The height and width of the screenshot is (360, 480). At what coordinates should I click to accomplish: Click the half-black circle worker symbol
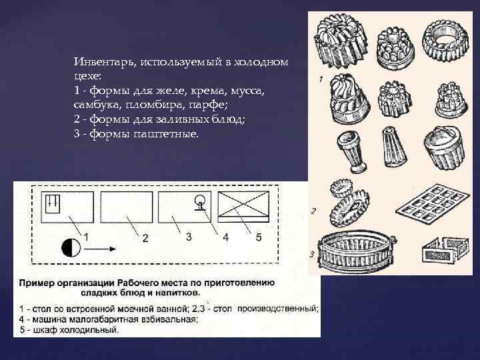coord(71,247)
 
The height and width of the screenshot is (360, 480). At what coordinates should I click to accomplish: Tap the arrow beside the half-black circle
coord(100,249)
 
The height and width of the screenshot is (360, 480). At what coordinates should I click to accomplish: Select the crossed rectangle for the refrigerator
coord(244,207)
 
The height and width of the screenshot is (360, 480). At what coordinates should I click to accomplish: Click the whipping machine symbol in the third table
coord(200,203)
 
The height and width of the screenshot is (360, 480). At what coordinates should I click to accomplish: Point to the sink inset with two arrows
coord(53,203)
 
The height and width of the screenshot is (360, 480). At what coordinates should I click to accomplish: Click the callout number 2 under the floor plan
coord(145,238)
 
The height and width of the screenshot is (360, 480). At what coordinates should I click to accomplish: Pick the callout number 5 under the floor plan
coord(259,237)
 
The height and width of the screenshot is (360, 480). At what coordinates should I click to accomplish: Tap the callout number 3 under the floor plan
coord(189,236)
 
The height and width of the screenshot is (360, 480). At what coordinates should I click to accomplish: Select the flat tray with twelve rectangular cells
coord(432,203)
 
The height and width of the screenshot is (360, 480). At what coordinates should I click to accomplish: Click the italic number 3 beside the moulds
coord(312,254)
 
